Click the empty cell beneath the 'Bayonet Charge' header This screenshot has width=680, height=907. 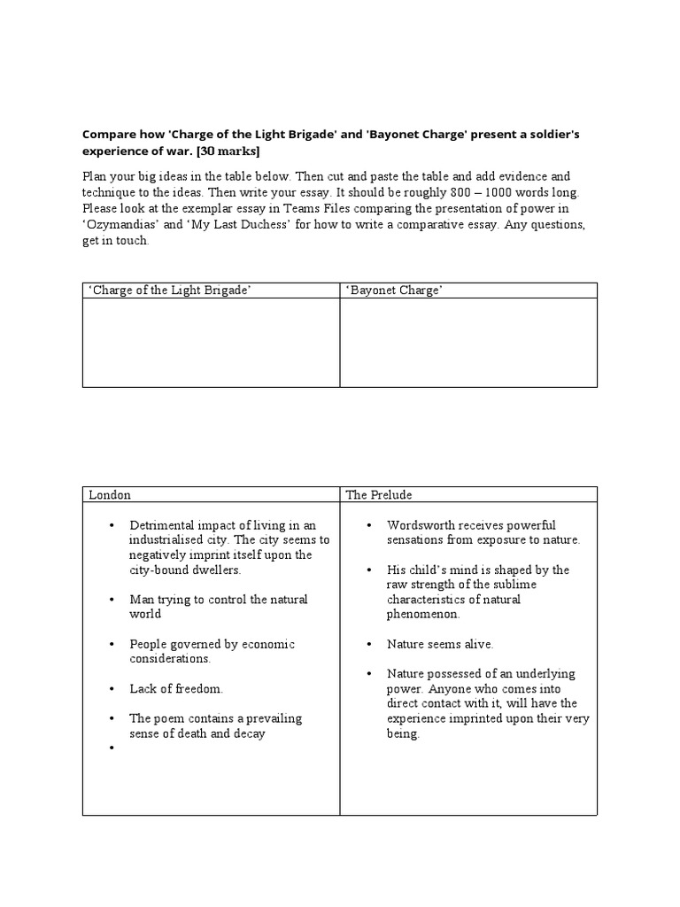pyautogui.click(x=467, y=343)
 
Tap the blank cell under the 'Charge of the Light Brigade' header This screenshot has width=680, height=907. pyautogui.click(x=211, y=343)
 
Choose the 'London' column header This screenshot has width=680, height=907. pyautogui.click(x=110, y=495)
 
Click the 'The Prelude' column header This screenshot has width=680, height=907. pyautogui.click(x=379, y=495)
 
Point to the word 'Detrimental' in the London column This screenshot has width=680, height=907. pyautogui.click(x=162, y=525)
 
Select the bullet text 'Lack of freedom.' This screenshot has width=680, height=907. pyautogui.click(x=176, y=688)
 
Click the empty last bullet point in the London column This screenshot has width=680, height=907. pyautogui.click(x=112, y=748)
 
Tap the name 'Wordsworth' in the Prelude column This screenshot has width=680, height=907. pyautogui.click(x=421, y=525)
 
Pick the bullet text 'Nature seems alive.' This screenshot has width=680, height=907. pyautogui.click(x=440, y=644)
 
